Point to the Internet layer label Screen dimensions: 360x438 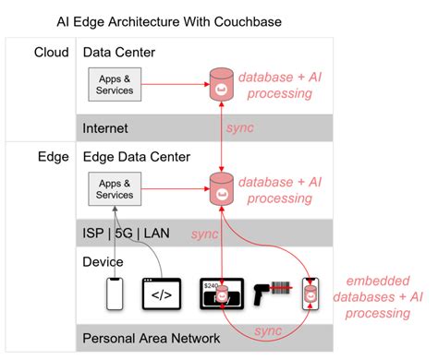click(x=106, y=128)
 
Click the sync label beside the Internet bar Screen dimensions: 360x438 click(x=241, y=128)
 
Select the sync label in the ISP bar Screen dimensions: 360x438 click(x=204, y=234)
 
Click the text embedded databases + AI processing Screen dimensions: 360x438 click(x=377, y=297)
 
